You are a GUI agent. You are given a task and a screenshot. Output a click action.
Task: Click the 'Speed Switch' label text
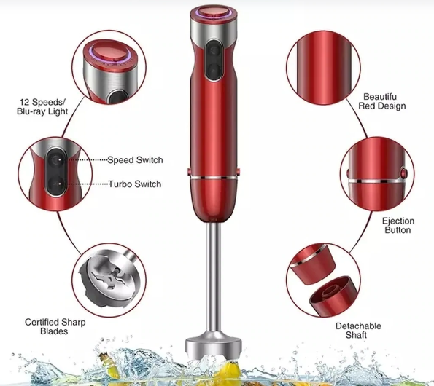(x=135, y=160)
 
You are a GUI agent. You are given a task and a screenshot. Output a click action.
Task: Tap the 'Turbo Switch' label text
(x=135, y=184)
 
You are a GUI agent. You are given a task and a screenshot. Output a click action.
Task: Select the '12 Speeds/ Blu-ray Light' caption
(x=42, y=106)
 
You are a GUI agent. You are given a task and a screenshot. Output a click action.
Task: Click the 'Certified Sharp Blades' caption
(x=55, y=326)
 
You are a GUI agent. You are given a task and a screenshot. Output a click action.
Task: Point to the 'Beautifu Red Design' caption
(x=382, y=101)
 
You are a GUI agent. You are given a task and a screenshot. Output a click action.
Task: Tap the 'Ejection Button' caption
(x=398, y=226)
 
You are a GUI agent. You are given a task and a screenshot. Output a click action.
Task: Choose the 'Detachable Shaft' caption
(x=358, y=331)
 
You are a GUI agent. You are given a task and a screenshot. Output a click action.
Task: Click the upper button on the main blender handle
(x=214, y=50)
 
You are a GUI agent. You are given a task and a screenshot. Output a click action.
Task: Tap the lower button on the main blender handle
(x=214, y=71)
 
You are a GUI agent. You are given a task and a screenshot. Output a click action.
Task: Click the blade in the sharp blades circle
(x=109, y=280)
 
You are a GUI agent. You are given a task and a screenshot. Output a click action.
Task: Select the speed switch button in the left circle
(x=56, y=159)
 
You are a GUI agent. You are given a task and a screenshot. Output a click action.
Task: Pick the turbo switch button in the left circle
(x=56, y=184)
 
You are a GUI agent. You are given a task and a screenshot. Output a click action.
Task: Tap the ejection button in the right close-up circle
(x=403, y=173)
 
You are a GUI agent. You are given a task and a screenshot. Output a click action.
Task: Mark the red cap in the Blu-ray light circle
(x=109, y=53)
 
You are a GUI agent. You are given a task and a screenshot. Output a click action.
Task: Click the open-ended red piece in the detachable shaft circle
(x=333, y=296)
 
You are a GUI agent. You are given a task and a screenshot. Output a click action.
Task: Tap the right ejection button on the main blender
(x=238, y=171)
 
